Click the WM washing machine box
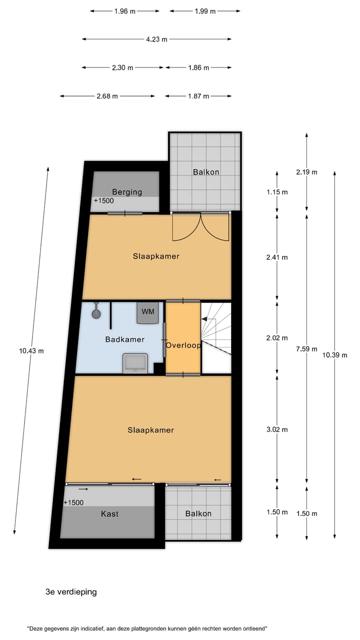coord(148,312)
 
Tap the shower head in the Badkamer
coord(96,313)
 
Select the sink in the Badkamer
coord(135,362)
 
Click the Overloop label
coord(183,345)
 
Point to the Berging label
coord(127,191)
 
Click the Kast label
coord(109,513)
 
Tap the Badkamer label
coord(124,339)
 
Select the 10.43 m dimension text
coord(31,350)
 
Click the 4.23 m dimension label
coord(156,39)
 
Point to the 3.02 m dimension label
coord(277,429)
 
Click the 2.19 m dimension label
coord(306,172)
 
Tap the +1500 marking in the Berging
coord(103,201)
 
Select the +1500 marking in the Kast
coord(74,503)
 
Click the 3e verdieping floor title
coord(71,592)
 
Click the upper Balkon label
coord(206,172)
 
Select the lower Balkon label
coord(198,513)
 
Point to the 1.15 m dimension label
coord(277,192)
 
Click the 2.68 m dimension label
coord(107,96)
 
